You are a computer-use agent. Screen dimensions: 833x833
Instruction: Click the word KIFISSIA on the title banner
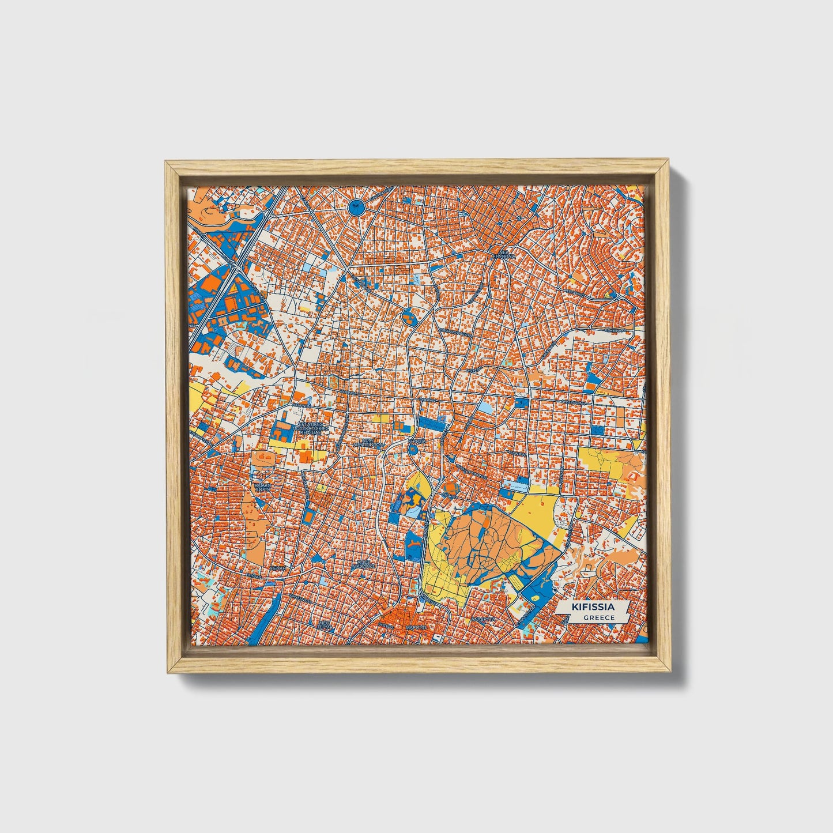tap(592, 607)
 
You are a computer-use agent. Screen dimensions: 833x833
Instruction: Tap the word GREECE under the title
tap(597, 617)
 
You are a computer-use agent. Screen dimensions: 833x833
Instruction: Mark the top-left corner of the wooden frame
tap(166, 162)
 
